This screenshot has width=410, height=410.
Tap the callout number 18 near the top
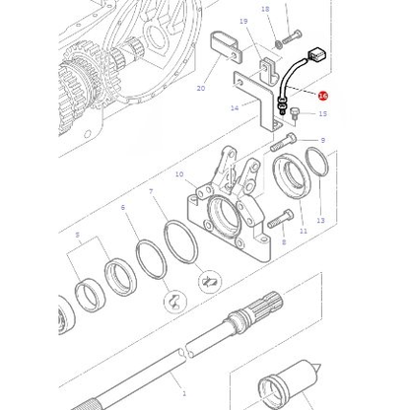pos(264,10)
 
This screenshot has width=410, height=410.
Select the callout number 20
pos(201,89)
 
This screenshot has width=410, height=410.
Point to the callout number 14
pos(234,107)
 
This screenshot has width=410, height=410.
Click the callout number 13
pos(319,220)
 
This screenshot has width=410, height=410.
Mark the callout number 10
pos(178,174)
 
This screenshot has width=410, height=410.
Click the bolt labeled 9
pos(280,144)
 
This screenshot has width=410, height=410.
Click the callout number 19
pos(242,21)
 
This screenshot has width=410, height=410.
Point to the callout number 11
pos(303,231)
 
